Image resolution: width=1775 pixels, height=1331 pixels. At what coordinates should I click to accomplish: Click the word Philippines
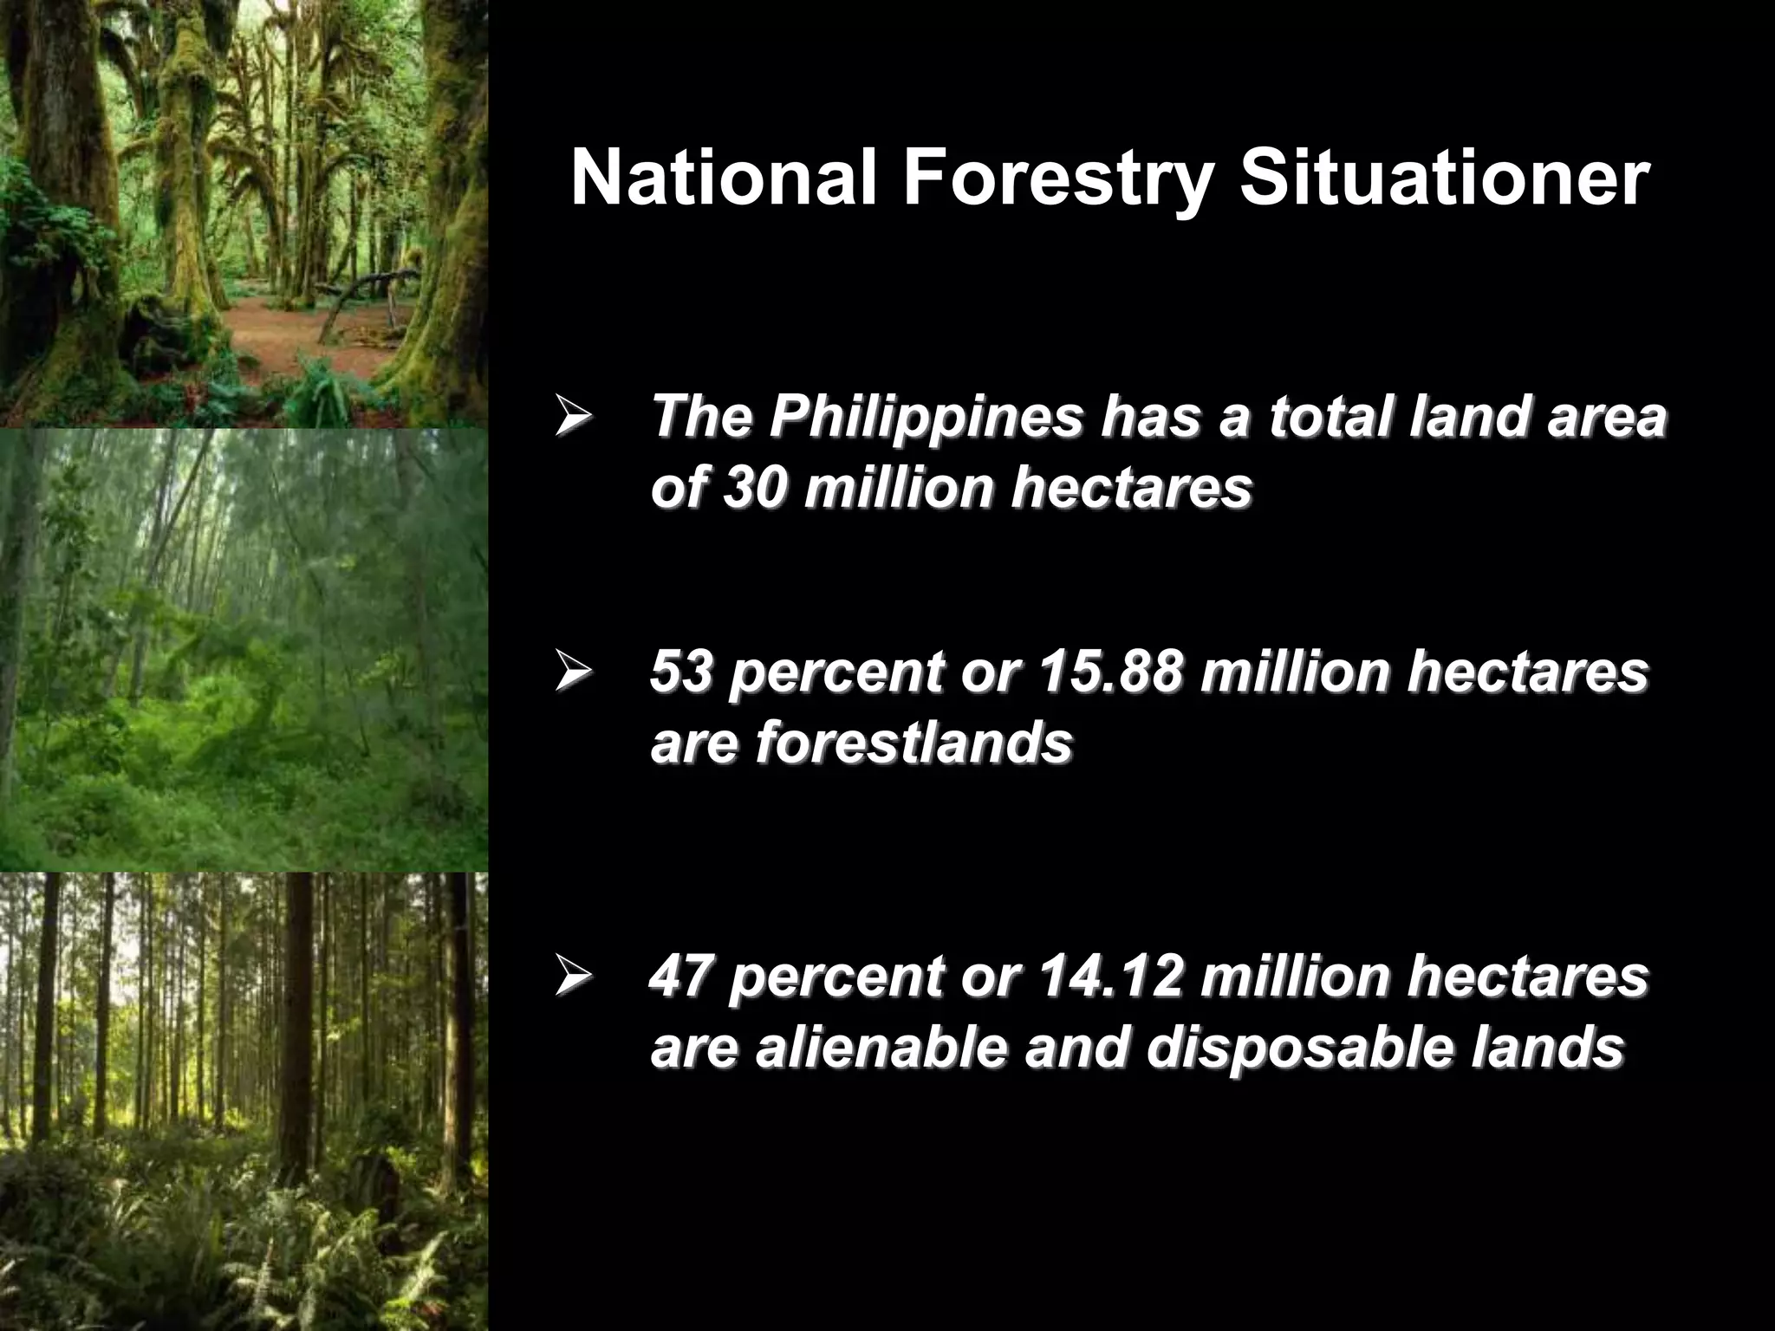point(927,418)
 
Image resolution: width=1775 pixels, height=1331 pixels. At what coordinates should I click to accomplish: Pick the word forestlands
point(914,743)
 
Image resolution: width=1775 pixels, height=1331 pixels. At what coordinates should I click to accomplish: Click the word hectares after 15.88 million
point(1527,672)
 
